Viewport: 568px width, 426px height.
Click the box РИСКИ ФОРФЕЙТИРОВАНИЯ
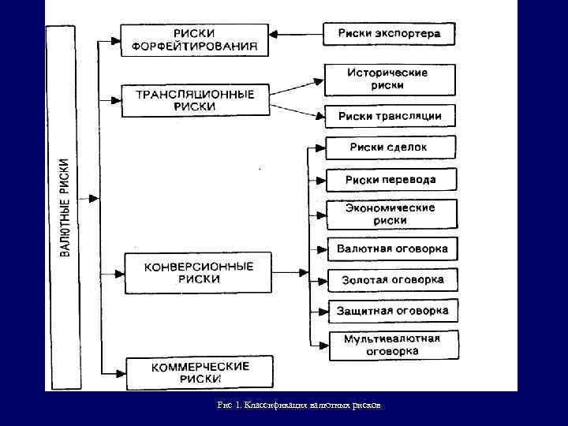pyautogui.click(x=194, y=39)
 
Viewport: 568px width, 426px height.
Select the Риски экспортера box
pyautogui.click(x=389, y=34)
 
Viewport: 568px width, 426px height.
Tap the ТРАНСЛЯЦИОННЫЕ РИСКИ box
pyautogui.click(x=195, y=100)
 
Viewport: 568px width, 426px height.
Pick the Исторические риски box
pyautogui.click(x=389, y=79)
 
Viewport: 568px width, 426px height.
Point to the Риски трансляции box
pyautogui.click(x=389, y=116)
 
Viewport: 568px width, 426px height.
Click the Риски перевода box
pyautogui.click(x=390, y=181)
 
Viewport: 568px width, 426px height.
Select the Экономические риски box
pyautogui.click(x=390, y=214)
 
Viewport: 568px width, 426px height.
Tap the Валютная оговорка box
pyautogui.click(x=391, y=248)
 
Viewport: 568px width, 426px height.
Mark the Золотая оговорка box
pyautogui.click(x=392, y=279)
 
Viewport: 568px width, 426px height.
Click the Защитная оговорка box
pyautogui.click(x=392, y=310)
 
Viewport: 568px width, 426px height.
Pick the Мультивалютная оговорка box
pyautogui.click(x=392, y=346)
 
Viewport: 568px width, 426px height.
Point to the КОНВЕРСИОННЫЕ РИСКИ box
pyautogui.click(x=198, y=273)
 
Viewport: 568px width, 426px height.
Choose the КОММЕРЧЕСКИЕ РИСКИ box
pyautogui.click(x=200, y=372)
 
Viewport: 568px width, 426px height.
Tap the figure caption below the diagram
pyautogui.click(x=299, y=405)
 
